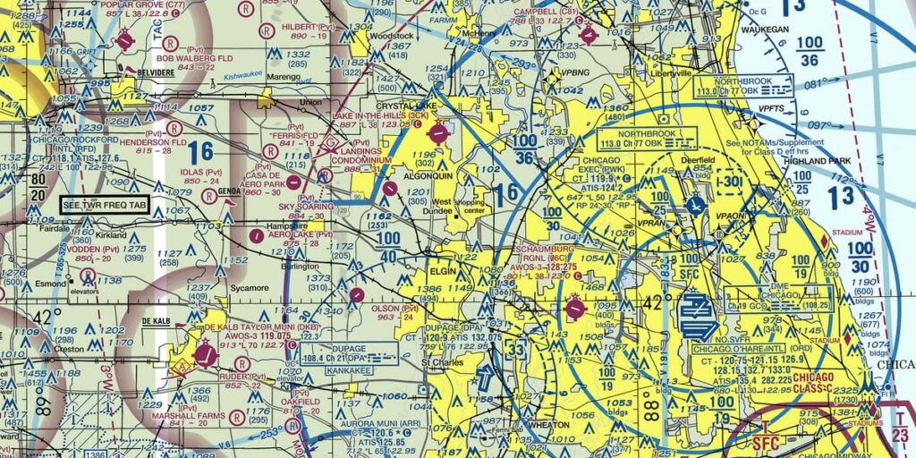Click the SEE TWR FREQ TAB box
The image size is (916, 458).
tap(105, 205)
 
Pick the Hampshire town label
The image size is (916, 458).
tap(276, 226)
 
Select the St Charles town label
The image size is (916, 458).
tap(439, 363)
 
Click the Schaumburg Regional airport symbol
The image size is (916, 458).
tap(574, 310)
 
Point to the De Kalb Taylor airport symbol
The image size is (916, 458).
tap(207, 357)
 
